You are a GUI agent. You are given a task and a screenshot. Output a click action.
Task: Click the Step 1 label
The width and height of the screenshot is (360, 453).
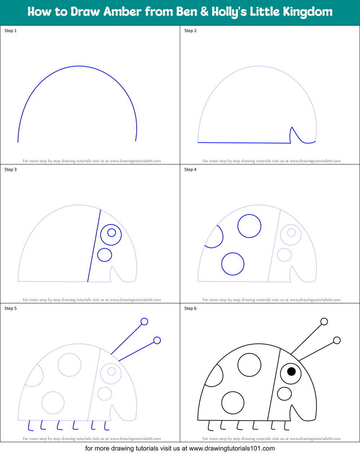click(x=10, y=31)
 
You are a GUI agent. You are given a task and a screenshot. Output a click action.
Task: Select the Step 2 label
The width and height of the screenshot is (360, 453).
click(x=190, y=31)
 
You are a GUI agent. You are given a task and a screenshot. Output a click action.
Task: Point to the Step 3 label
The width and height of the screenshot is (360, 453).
click(x=10, y=170)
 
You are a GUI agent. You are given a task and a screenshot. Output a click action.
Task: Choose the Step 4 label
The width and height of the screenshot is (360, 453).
click(x=190, y=170)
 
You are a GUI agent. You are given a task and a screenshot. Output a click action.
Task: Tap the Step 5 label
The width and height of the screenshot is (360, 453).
click(x=10, y=308)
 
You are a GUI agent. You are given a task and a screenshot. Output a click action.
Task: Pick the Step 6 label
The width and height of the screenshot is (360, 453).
click(x=190, y=308)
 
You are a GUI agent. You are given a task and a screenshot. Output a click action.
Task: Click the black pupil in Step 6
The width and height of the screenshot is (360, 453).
click(x=291, y=371)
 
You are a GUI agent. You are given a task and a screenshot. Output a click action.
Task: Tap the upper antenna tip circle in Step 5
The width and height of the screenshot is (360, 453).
click(x=144, y=321)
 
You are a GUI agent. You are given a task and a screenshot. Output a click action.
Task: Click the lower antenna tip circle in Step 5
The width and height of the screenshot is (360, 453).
click(x=157, y=340)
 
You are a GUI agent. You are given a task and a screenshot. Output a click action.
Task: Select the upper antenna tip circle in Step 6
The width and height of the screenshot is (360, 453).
click(x=324, y=321)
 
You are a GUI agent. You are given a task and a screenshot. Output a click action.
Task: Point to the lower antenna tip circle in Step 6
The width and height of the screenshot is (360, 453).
click(x=337, y=340)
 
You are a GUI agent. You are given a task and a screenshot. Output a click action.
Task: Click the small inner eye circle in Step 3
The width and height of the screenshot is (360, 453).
click(x=111, y=233)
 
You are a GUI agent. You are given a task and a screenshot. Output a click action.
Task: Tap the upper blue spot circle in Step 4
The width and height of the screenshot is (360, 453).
click(x=249, y=226)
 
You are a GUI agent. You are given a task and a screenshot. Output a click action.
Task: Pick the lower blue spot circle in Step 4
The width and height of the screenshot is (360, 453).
click(x=233, y=264)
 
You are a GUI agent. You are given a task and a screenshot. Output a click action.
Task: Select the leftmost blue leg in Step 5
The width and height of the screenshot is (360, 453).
click(x=30, y=426)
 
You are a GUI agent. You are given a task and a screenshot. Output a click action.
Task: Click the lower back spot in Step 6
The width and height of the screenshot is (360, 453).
click(x=233, y=403)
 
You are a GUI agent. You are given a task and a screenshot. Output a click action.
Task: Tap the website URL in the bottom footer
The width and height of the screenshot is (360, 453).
click(x=232, y=449)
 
